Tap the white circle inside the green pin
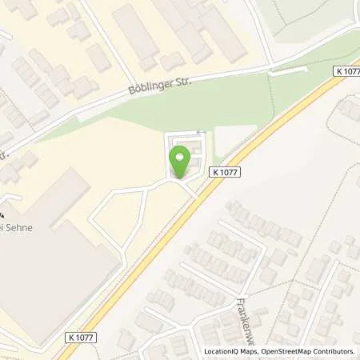(x=180, y=158)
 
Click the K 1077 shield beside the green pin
(x=226, y=171)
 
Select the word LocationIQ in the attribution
(x=222, y=351)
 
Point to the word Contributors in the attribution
(x=335, y=351)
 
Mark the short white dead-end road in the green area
(x=288, y=70)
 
